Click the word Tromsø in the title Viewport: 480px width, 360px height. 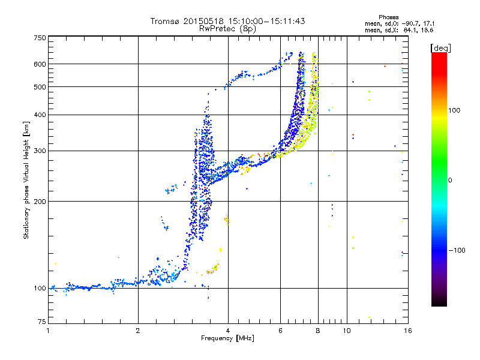[x=166, y=21]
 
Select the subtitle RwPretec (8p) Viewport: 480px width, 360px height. [x=228, y=28]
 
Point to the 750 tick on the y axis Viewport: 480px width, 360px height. [x=40, y=38]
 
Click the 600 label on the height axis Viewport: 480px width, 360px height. [x=40, y=64]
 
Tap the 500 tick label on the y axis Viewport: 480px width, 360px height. [x=40, y=87]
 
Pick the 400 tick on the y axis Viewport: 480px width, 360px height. [x=40, y=115]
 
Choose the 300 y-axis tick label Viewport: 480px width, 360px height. [x=40, y=151]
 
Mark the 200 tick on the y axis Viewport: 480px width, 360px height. [x=40, y=202]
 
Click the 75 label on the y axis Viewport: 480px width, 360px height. [x=41, y=322]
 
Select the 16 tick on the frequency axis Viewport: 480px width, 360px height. [x=407, y=331]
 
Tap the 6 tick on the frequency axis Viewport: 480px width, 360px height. [x=280, y=331]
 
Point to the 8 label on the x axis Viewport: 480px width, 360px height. [x=318, y=331]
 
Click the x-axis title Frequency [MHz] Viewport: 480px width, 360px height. [x=227, y=338]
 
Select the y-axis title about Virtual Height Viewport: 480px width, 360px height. [x=26, y=180]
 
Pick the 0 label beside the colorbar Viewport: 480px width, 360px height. [x=452, y=180]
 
